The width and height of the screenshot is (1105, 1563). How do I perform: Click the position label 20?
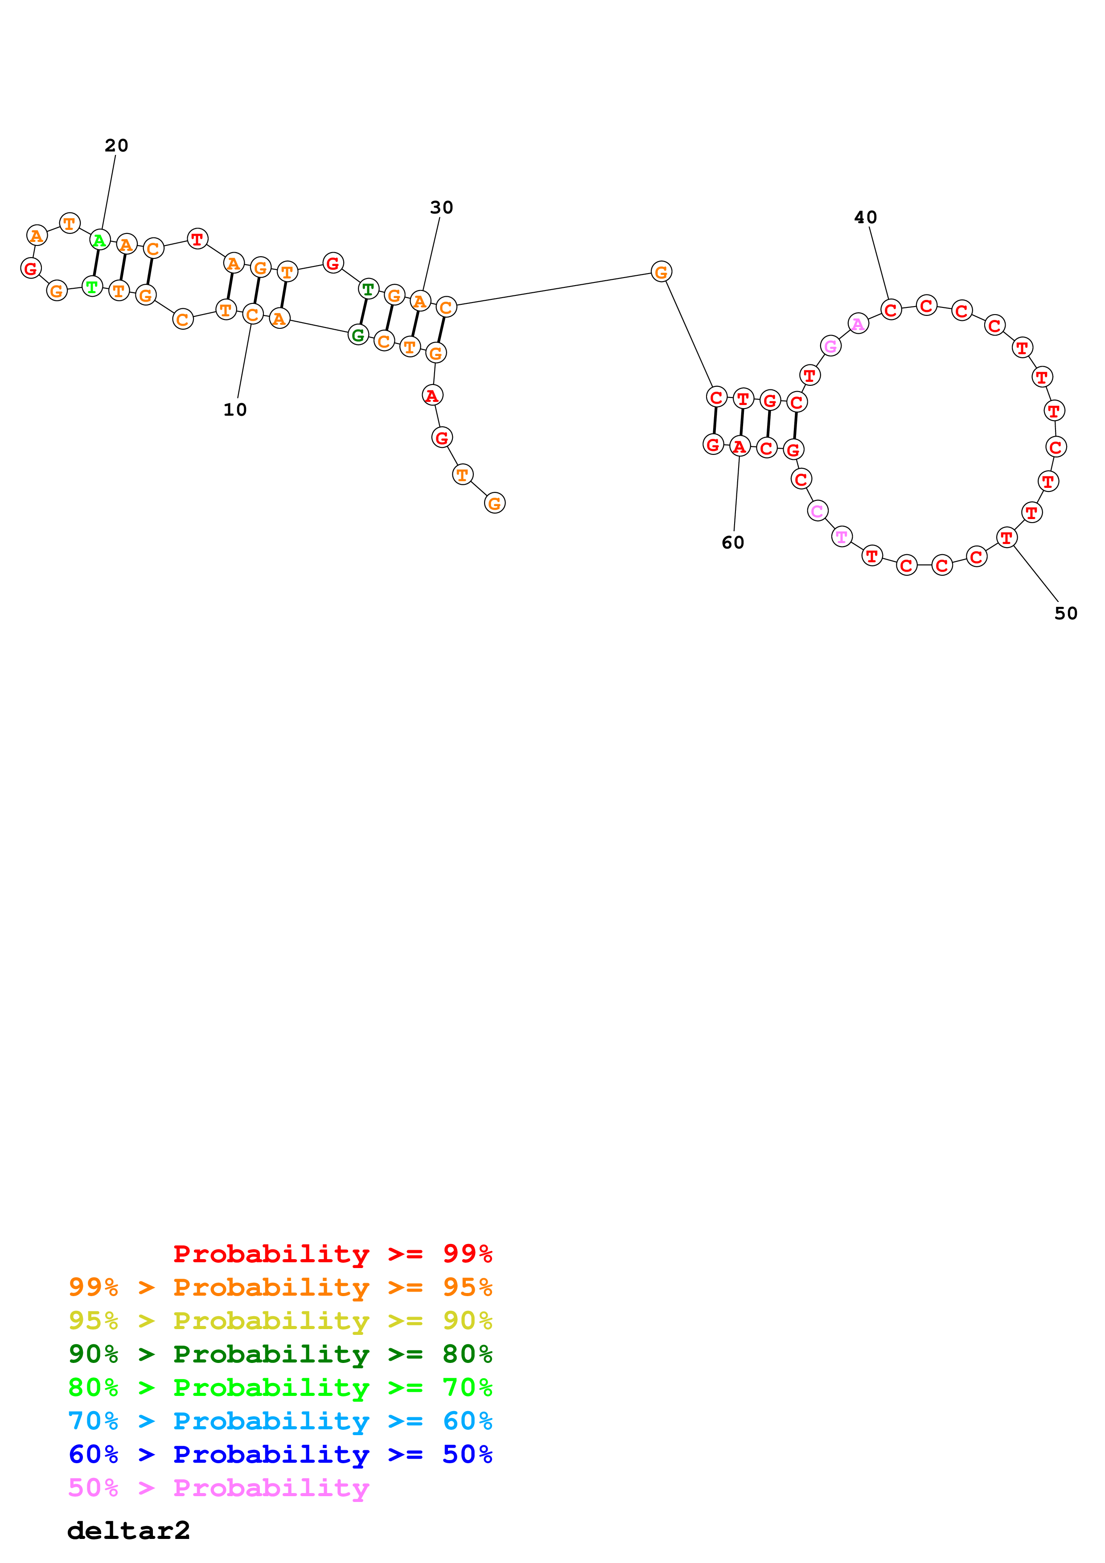[x=116, y=146]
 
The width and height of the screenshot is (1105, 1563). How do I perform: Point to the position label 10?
[x=235, y=410]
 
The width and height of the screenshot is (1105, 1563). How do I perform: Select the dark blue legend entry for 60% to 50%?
[x=280, y=1454]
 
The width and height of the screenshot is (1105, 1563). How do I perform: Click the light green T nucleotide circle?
[x=92, y=286]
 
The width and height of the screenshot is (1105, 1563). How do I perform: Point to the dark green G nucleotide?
[x=358, y=335]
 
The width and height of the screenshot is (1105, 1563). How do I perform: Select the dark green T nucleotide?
[x=368, y=289]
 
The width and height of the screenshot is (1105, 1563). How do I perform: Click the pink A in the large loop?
[x=858, y=324]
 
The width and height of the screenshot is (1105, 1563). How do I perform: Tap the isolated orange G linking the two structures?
[x=661, y=272]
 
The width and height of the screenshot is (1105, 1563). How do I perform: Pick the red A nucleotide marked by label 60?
[x=739, y=447]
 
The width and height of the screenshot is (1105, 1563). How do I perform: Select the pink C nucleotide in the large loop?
[x=817, y=511]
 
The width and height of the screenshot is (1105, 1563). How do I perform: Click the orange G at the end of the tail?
[x=494, y=504]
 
